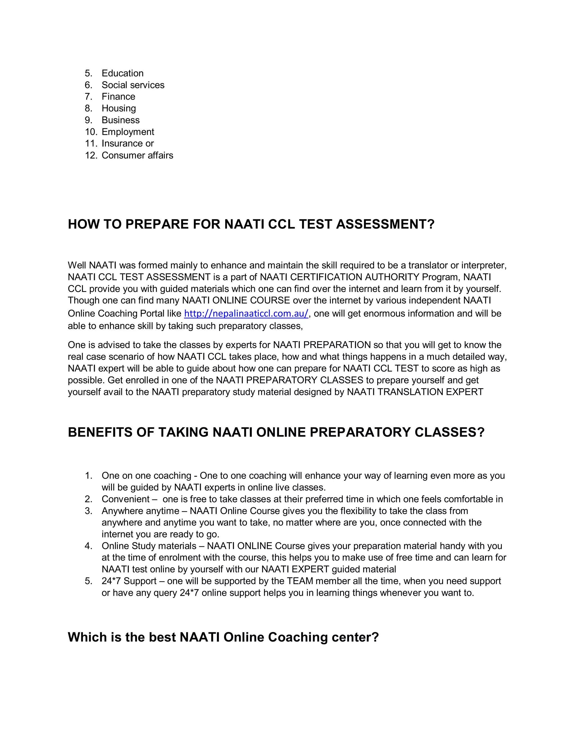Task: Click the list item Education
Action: point(123,73)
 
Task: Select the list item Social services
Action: point(133,85)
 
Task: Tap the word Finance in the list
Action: point(118,97)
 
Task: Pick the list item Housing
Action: point(118,108)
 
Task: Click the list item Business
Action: point(120,120)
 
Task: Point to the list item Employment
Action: point(128,132)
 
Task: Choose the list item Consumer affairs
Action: point(137,155)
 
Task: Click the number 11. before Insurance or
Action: point(91,144)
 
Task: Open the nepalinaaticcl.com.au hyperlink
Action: point(246,313)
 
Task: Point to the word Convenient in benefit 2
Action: point(125,499)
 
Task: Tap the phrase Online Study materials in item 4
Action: point(149,546)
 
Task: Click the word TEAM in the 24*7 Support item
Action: point(300,581)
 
